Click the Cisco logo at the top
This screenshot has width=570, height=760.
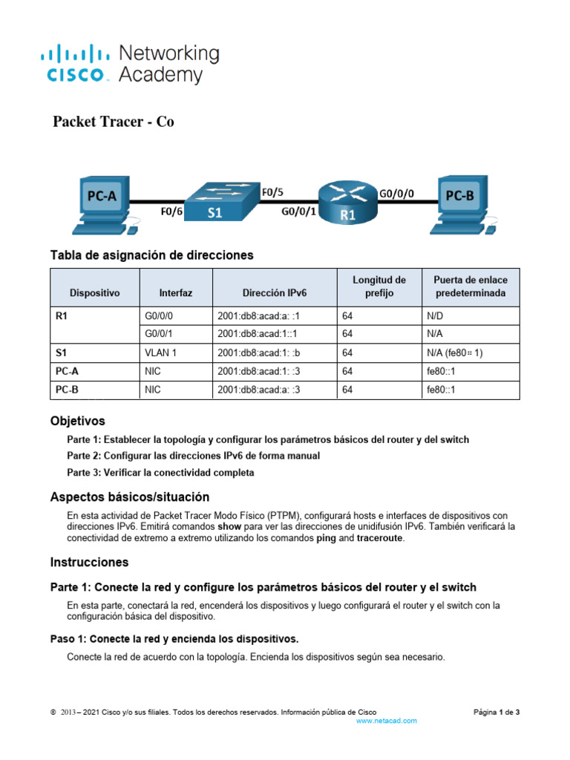(74, 64)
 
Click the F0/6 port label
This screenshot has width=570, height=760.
(171, 212)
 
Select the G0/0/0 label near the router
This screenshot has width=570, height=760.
(396, 192)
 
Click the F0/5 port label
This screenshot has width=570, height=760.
(272, 191)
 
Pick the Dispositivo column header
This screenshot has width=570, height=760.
(94, 293)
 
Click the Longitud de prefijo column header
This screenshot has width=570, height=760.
(379, 286)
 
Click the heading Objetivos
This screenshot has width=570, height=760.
(77, 421)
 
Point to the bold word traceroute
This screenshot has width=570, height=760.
(381, 538)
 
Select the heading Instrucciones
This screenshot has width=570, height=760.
(89, 562)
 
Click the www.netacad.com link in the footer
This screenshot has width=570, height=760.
(387, 721)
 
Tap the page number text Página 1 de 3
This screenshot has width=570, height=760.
(497, 712)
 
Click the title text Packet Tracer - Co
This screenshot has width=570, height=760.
(114, 122)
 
